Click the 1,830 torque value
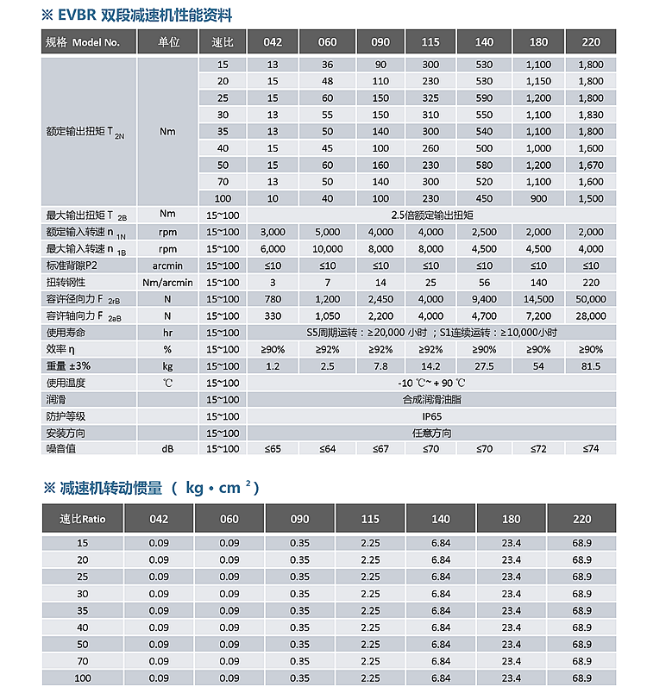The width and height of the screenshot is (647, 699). [x=591, y=115]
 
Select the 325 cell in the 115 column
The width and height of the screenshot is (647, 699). [x=430, y=98]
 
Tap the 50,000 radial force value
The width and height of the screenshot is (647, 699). [x=591, y=299]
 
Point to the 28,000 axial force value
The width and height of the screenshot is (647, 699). [x=591, y=316]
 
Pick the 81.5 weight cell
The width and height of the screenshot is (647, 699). [x=591, y=366]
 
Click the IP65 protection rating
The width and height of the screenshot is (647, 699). [x=430, y=416]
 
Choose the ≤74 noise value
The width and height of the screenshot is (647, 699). [x=591, y=449]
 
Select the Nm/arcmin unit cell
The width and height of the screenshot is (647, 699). [x=167, y=283]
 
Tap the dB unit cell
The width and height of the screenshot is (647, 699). [x=167, y=449]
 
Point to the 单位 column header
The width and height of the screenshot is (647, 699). [x=168, y=42]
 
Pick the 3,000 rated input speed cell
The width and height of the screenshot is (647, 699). [x=272, y=233]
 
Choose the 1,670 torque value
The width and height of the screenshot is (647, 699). [x=591, y=165]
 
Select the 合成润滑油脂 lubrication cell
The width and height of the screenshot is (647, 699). [x=430, y=400]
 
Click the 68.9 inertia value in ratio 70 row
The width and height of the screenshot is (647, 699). [x=582, y=662]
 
